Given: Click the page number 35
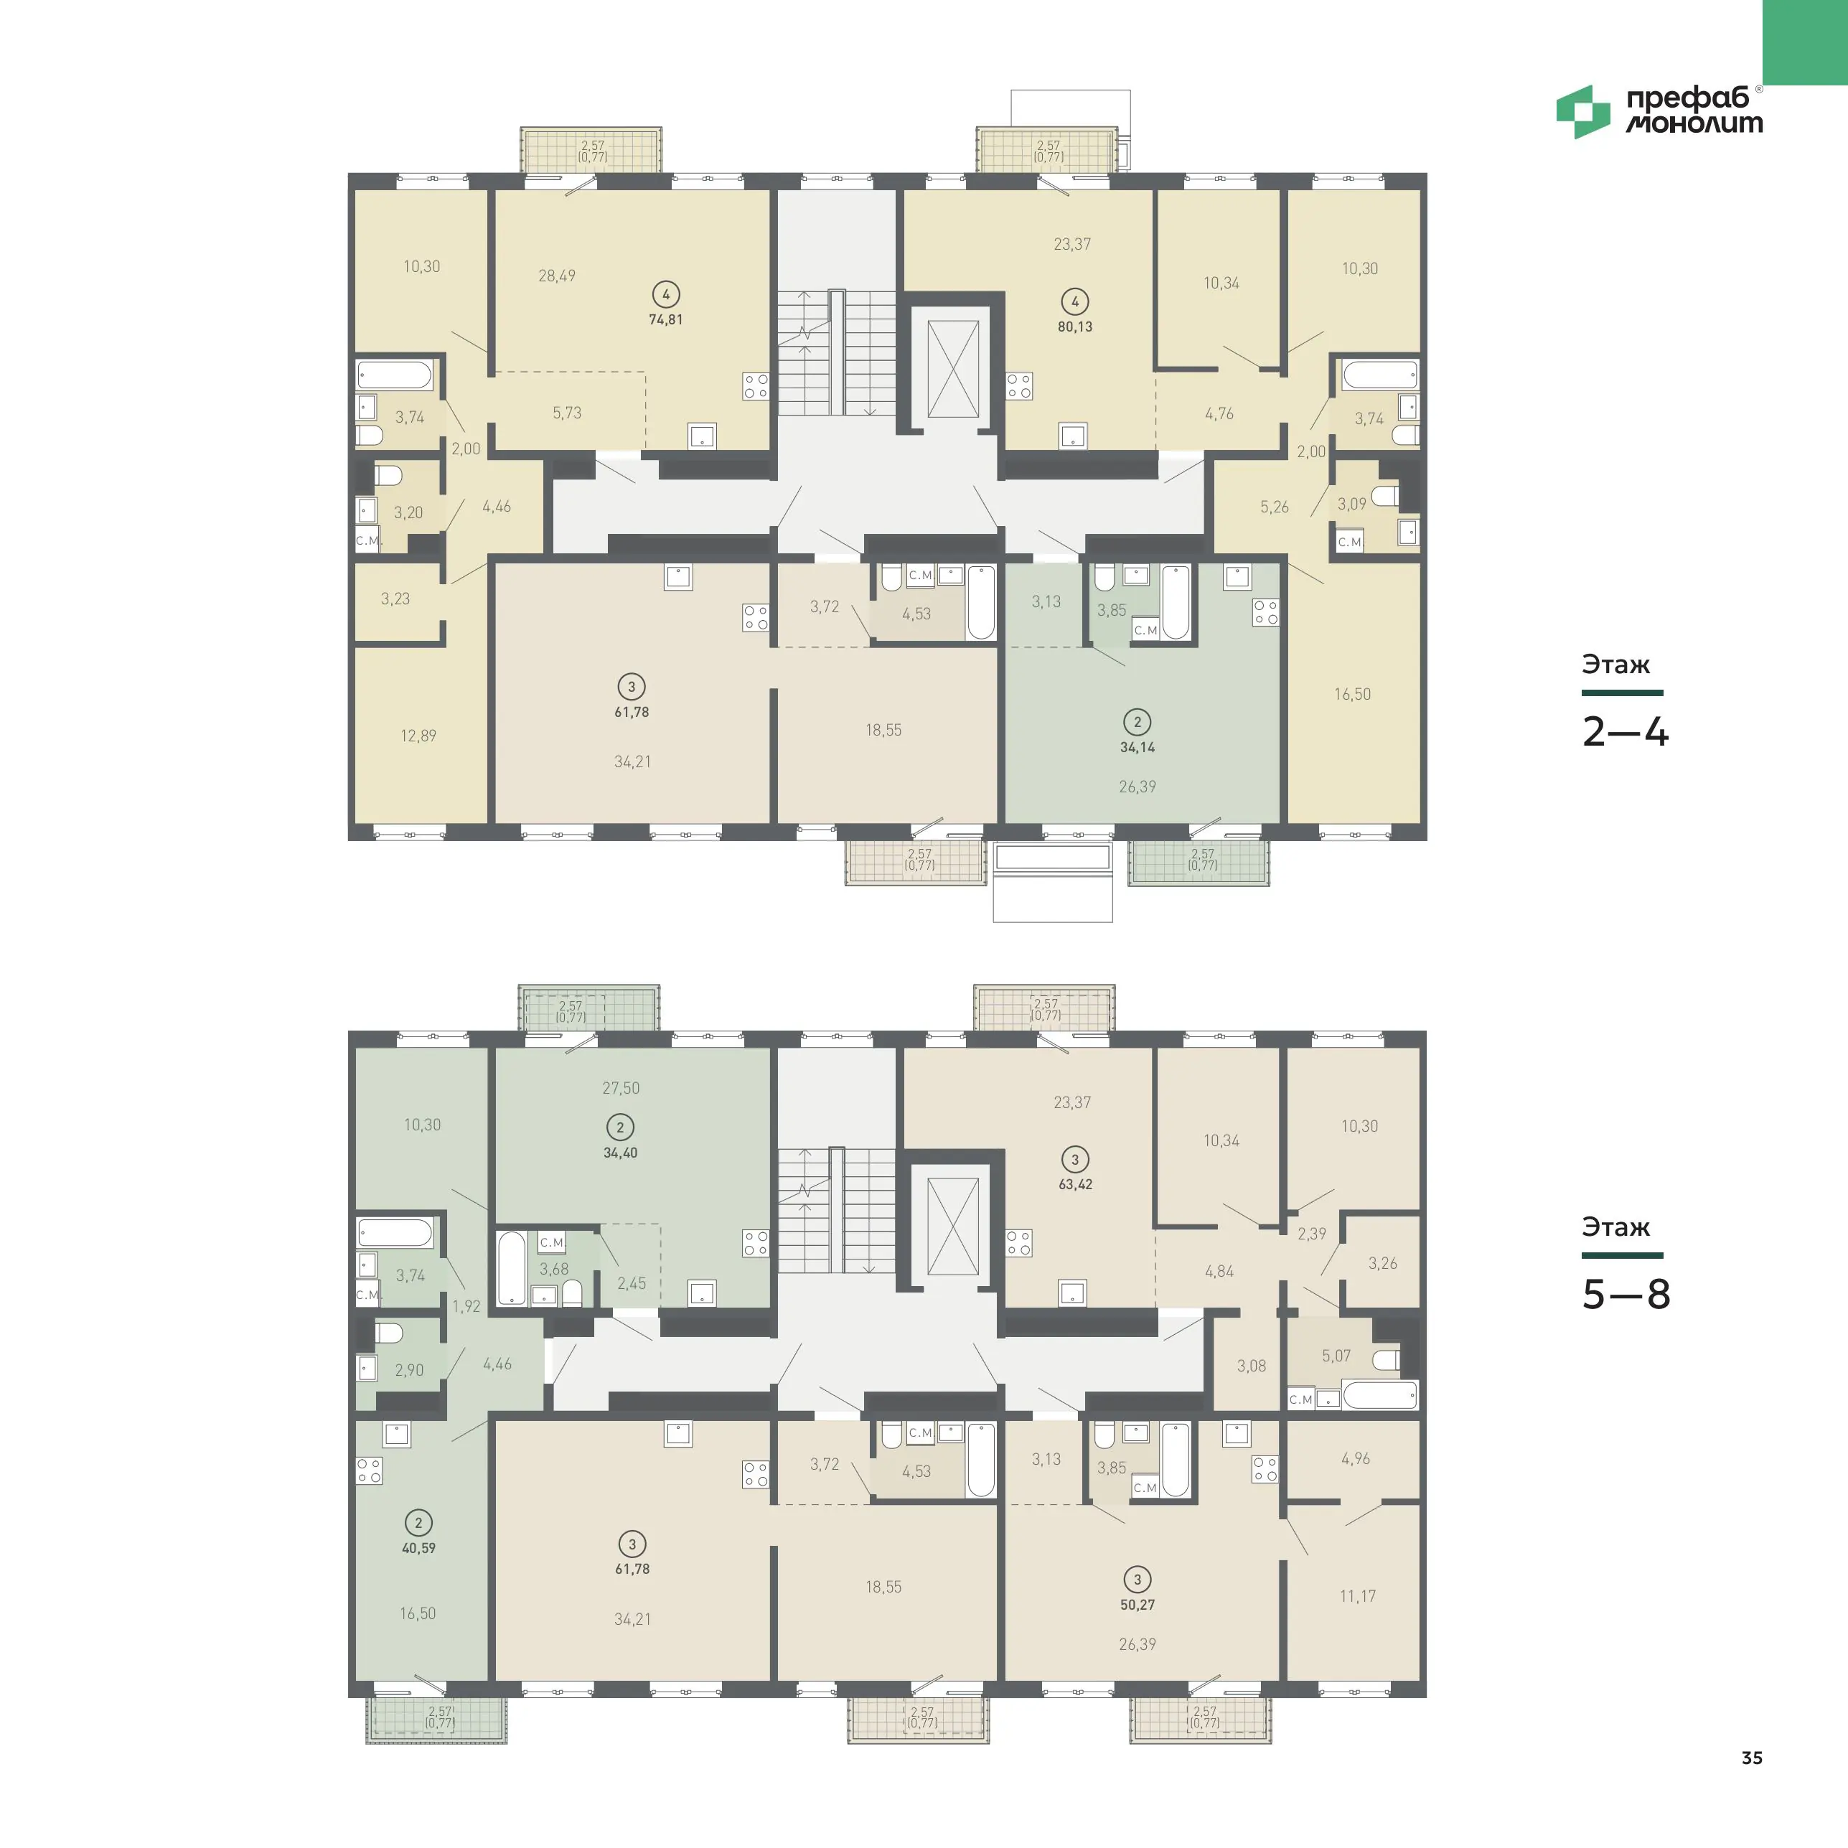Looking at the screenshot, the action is tap(1751, 1757).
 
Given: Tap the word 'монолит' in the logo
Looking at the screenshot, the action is tap(1694, 123).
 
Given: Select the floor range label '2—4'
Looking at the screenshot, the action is tap(1625, 732).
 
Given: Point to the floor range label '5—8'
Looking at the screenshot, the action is tap(1626, 1294).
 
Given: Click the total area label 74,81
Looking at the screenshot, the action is tap(666, 319).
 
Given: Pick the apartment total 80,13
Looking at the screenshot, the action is tap(1075, 326).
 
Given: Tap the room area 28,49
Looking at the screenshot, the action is tap(557, 276).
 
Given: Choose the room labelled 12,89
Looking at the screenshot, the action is tap(418, 736).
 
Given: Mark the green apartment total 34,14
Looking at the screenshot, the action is tap(1138, 747).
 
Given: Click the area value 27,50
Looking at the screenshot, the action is tap(621, 1087).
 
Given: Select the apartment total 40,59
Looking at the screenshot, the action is tap(418, 1547).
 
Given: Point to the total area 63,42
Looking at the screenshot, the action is tap(1075, 1184).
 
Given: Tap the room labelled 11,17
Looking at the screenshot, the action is tap(1357, 1595).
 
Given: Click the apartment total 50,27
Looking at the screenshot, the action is tap(1138, 1605).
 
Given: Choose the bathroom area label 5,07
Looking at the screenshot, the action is tap(1336, 1356).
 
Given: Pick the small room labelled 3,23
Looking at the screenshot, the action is tap(395, 599).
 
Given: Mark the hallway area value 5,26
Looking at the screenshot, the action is tap(1274, 507).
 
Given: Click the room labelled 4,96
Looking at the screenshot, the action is tap(1356, 1459).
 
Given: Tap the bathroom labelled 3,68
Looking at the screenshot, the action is tap(554, 1270).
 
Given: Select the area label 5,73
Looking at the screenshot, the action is tap(566, 413).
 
